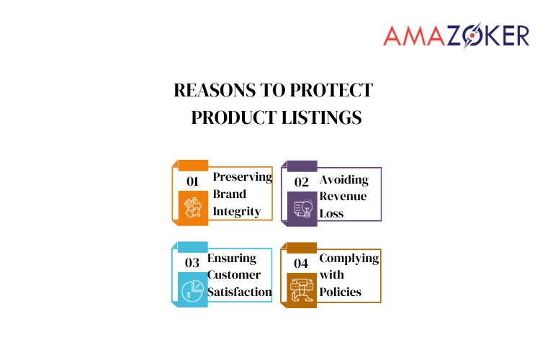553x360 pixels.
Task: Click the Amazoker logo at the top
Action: point(456,35)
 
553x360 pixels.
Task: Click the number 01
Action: point(192,181)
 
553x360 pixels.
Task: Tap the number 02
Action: point(301,181)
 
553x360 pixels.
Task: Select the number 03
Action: point(192,263)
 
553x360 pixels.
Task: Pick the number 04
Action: point(301,263)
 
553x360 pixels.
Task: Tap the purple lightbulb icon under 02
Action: point(301,208)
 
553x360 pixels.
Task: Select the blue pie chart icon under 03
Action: point(192,289)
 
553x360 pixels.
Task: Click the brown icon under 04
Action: point(301,289)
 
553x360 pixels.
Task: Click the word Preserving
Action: point(243,178)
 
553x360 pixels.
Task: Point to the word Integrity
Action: point(236,212)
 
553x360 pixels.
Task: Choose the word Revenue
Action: point(343,197)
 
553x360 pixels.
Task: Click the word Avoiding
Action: point(343,179)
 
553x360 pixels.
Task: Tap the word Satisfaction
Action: point(240,292)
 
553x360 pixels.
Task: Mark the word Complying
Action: point(349,258)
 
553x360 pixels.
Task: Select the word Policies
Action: point(340,292)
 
